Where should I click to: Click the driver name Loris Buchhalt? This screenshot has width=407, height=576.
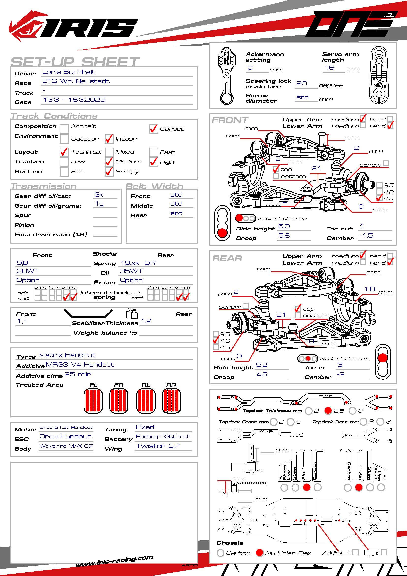69,72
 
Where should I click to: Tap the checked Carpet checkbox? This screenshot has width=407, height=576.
153,129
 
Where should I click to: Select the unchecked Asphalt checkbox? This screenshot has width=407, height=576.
64,129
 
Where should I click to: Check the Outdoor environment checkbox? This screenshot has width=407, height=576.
64,138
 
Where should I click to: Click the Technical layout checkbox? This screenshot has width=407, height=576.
64,152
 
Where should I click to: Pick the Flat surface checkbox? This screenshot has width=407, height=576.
64,172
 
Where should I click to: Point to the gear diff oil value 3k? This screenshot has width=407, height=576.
99,195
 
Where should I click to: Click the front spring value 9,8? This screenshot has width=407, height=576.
22,263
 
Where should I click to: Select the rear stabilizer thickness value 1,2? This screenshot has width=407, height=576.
146,321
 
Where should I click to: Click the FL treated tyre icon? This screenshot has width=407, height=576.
93,401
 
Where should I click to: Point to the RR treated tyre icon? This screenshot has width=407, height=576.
172,401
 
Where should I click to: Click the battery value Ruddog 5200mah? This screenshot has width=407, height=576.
163,437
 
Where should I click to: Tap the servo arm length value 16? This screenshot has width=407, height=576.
329,67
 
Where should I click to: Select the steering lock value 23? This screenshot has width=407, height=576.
302,83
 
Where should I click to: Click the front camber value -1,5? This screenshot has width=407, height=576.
366,236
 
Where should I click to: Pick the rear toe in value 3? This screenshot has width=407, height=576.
340,365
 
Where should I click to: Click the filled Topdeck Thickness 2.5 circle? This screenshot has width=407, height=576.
328,411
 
